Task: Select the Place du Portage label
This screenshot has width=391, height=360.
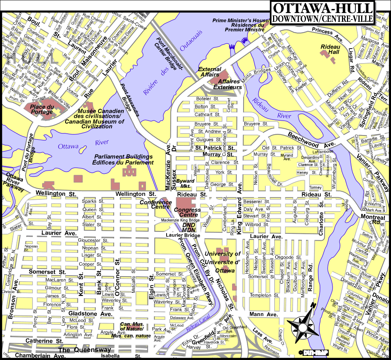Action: [42, 109]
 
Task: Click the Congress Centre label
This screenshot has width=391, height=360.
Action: [187, 212]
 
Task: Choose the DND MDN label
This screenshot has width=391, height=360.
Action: [189, 228]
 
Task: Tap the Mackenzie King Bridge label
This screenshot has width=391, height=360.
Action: [180, 221]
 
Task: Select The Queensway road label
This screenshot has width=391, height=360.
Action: [85, 350]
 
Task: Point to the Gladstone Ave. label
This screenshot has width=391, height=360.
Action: [90, 314]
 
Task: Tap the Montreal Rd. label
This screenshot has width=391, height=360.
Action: [373, 219]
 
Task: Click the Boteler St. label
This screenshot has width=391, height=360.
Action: [207, 99]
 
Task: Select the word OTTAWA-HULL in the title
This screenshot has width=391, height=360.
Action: [322, 8]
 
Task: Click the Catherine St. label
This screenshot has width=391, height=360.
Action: [44, 340]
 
